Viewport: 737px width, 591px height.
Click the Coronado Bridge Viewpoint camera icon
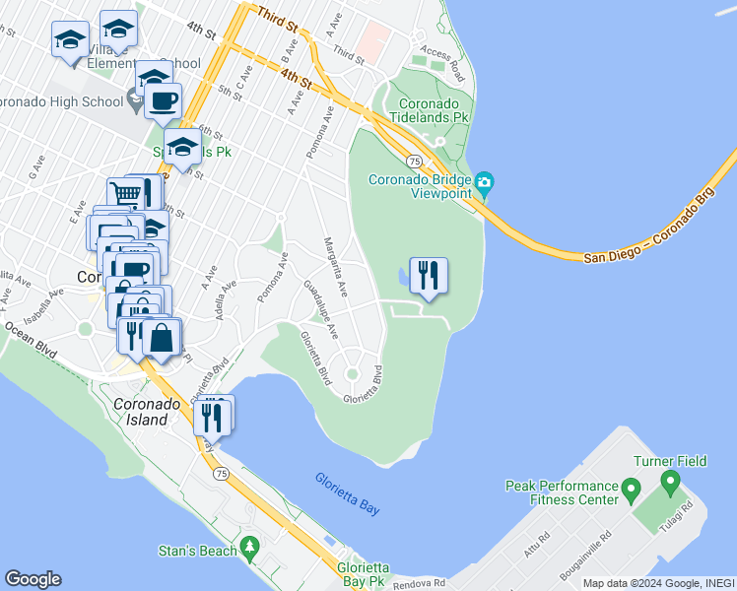click(483, 182)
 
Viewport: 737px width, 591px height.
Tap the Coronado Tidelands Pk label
click(428, 108)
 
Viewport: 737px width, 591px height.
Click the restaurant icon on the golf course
click(428, 275)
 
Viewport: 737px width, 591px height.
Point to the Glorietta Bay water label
click(348, 493)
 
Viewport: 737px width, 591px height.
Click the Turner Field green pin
click(671, 484)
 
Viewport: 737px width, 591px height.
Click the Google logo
click(33, 579)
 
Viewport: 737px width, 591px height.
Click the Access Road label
click(442, 62)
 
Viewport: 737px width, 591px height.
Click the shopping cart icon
click(125, 194)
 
